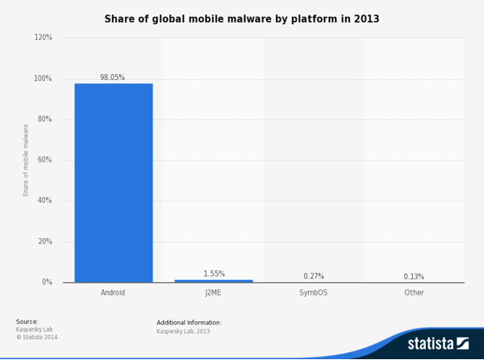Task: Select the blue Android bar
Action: tap(113, 182)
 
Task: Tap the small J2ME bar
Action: tap(214, 281)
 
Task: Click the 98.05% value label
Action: tap(112, 77)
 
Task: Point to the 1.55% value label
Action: tap(214, 274)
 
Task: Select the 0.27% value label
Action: tap(314, 276)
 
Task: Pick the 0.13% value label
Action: tap(414, 276)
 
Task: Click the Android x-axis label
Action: tap(113, 292)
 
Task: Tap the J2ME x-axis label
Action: tap(213, 292)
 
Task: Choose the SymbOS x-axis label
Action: tap(314, 292)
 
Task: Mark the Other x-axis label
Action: tap(414, 292)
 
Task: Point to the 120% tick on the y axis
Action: tap(44, 38)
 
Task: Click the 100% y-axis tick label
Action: tap(44, 78)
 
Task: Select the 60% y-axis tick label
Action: tap(45, 160)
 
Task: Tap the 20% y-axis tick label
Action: tap(45, 241)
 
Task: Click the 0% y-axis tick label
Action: tap(47, 283)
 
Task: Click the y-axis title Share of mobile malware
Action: tap(26, 160)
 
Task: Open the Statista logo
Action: tap(437, 344)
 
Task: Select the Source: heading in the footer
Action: tap(27, 321)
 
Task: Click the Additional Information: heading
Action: tap(189, 323)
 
